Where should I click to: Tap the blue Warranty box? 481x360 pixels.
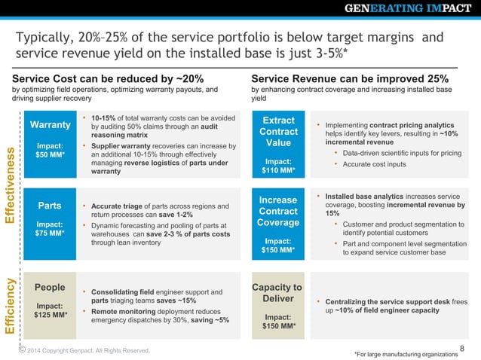coord(49,144)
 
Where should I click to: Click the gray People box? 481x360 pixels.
coord(49,301)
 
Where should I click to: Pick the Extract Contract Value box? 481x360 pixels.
coord(278,144)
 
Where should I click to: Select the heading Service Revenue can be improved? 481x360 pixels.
coord(350,78)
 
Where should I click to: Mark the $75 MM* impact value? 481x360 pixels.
coord(49,233)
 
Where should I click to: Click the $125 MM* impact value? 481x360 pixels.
coord(49,315)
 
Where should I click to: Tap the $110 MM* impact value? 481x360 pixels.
coord(278,171)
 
